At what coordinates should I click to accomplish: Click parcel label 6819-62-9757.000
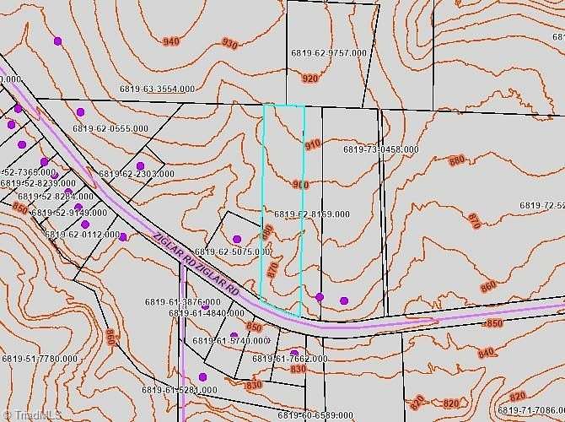pyautogui.click(x=329, y=52)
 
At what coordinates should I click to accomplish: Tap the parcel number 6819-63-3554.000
pyautogui.click(x=157, y=89)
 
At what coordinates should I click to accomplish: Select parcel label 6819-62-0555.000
pyautogui.click(x=110, y=128)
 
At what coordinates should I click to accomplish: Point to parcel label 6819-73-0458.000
pyautogui.click(x=381, y=149)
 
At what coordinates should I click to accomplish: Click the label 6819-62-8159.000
pyautogui.click(x=311, y=214)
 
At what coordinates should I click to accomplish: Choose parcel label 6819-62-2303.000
pyautogui.click(x=137, y=174)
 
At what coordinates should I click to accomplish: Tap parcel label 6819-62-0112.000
pyautogui.click(x=82, y=235)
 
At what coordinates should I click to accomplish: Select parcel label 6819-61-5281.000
pyautogui.click(x=179, y=390)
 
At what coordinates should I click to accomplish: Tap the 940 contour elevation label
pyautogui.click(x=171, y=41)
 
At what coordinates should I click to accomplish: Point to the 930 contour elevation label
pyautogui.click(x=229, y=43)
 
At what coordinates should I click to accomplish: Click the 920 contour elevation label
pyautogui.click(x=309, y=78)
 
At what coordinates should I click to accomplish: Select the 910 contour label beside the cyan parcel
pyautogui.click(x=313, y=144)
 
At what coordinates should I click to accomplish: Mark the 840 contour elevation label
pyautogui.click(x=487, y=353)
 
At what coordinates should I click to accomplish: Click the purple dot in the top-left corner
pyautogui.click(x=58, y=41)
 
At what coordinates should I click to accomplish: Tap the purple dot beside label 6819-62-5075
pyautogui.click(x=237, y=239)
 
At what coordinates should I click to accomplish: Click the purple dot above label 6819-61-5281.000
pyautogui.click(x=202, y=376)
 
